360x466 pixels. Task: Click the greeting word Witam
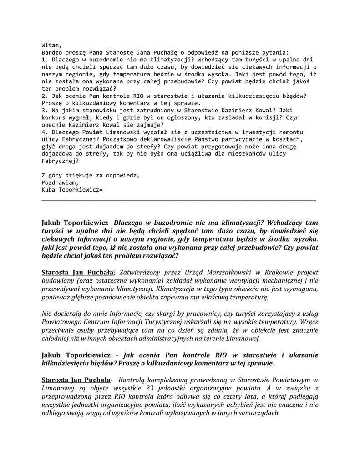51,45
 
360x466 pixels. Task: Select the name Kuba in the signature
49,189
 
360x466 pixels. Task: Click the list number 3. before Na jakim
45,110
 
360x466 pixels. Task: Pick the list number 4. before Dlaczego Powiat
45,132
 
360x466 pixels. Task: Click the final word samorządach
256,414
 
